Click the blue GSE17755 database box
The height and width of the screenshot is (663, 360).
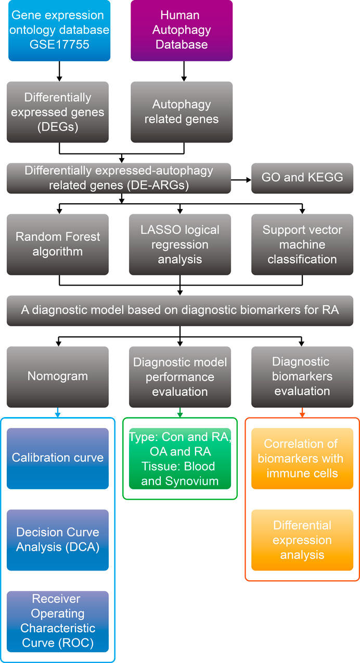point(59,31)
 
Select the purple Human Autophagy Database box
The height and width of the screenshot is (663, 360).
point(182,31)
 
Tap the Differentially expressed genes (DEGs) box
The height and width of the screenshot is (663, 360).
point(58,112)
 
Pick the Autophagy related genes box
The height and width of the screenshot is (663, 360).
point(182,112)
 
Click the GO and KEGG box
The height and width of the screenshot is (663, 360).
point(302,178)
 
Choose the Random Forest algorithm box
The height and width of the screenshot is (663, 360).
point(58,244)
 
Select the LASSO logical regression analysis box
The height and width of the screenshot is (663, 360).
point(180,244)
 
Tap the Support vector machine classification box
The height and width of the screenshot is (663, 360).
point(302,244)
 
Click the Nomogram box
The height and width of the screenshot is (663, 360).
point(58,377)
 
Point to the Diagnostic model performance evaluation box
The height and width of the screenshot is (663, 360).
point(180,377)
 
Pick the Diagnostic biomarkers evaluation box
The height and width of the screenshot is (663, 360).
point(302,377)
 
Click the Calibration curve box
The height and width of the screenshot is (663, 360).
point(58,459)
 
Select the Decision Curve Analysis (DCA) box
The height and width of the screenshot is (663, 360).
point(58,540)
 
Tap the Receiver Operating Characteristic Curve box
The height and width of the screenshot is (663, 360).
point(58,621)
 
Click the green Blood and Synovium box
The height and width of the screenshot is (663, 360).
point(180,459)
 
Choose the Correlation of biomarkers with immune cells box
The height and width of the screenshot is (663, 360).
point(302,459)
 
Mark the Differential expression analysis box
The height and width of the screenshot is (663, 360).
point(302,540)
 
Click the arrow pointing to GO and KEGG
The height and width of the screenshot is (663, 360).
point(241,180)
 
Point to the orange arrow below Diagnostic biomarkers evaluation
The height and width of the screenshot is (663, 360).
point(302,412)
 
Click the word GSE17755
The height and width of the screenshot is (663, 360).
point(59,45)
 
